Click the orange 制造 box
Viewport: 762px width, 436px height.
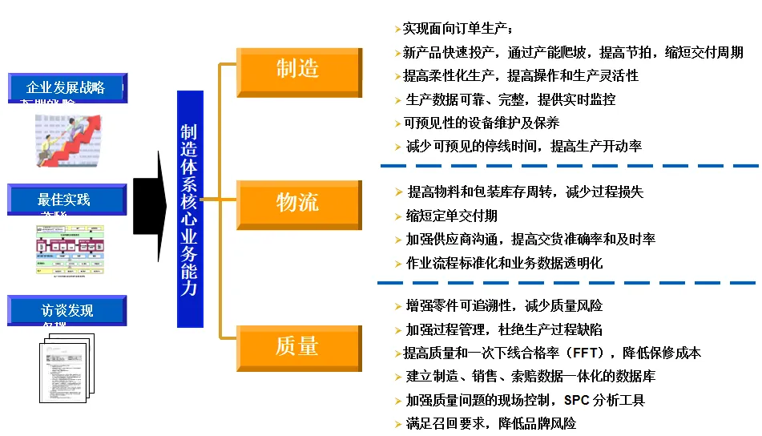point(298,69)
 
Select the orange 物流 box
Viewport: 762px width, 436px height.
point(298,202)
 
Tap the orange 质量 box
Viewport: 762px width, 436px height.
point(298,345)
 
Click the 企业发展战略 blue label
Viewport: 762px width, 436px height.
point(67,87)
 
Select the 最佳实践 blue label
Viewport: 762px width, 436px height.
point(67,199)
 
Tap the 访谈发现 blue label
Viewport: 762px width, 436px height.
point(67,310)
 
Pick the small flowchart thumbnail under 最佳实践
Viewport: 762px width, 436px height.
point(70,249)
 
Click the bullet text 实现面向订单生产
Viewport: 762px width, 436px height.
point(456,30)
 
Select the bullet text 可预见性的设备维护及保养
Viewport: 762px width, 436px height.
point(481,123)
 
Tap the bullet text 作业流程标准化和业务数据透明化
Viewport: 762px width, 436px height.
point(504,262)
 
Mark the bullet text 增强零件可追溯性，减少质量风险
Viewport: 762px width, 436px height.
point(503,306)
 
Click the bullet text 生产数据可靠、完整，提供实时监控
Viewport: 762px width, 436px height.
point(510,99)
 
